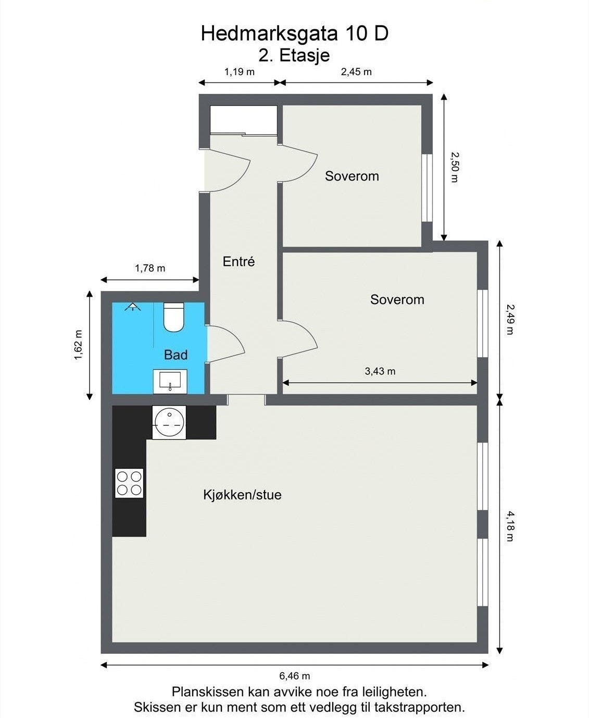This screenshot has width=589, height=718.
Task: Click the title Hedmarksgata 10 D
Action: tap(294, 34)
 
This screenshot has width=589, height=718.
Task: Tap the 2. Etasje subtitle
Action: tap(294, 55)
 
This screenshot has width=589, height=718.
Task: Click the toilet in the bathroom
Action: tap(173, 317)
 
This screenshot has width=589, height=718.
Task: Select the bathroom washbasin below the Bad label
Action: tap(170, 381)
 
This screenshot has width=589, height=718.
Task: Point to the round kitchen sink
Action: tap(169, 422)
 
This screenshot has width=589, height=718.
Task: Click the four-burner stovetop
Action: tap(129, 483)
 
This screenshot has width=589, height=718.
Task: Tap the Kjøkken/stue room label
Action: tap(242, 494)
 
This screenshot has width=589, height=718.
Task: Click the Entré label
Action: tap(239, 261)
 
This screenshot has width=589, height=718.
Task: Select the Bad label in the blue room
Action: tap(176, 355)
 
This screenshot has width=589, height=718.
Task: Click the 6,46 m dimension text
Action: tap(295, 676)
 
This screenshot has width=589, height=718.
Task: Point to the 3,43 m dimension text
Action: tap(380, 371)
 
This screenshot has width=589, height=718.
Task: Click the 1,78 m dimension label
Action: tap(150, 268)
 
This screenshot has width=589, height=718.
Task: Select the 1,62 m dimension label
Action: tap(79, 345)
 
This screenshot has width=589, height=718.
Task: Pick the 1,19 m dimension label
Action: tap(240, 71)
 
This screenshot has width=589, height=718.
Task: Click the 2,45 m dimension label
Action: tap(356, 71)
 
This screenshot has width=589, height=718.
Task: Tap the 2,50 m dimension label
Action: tap(454, 167)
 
